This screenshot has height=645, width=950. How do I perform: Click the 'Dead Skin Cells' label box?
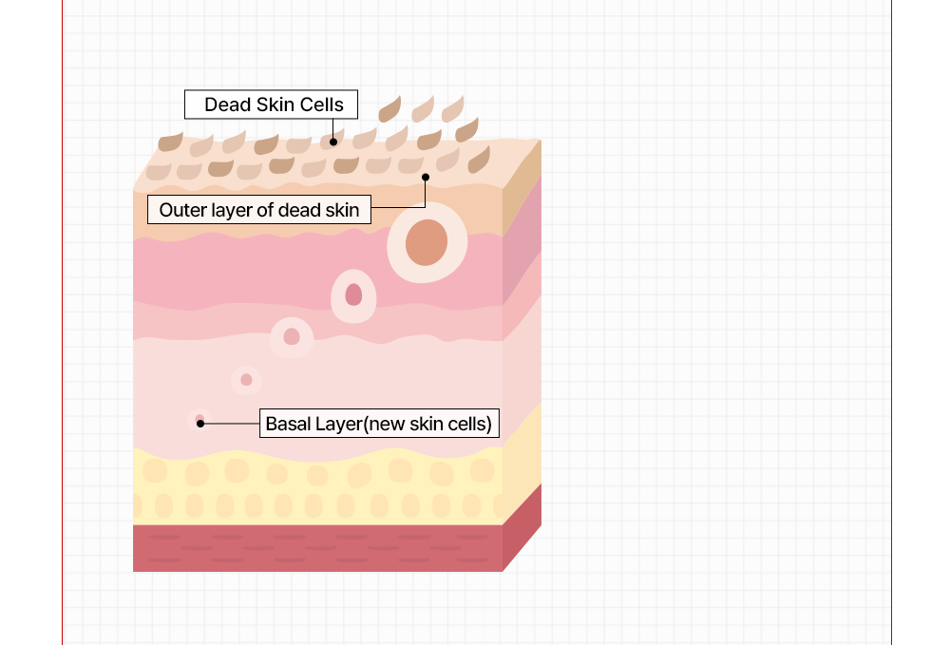tap(271, 104)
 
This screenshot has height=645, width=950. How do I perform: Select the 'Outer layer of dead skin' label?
tap(258, 210)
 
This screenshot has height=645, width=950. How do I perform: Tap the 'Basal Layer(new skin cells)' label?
tap(379, 424)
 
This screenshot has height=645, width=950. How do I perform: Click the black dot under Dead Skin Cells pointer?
tap(333, 142)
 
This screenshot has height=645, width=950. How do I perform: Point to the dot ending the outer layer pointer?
tap(426, 177)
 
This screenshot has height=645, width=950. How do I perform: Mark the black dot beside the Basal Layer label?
tap(200, 424)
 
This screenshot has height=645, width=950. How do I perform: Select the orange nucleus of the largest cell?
tap(427, 242)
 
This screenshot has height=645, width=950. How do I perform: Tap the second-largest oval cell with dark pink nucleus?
tap(353, 295)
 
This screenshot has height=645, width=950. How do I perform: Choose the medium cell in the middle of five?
tap(292, 337)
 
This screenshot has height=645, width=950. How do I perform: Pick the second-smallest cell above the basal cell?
tap(246, 380)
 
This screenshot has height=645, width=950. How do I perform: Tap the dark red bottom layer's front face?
tap(317, 548)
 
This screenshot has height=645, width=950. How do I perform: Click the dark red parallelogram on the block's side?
tap(522, 527)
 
